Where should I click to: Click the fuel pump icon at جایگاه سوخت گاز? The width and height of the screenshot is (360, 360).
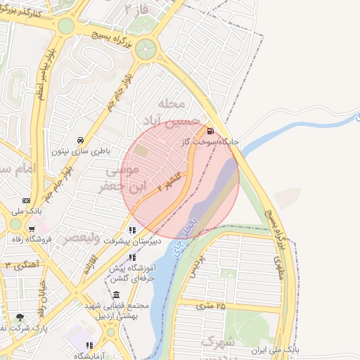click(211, 131)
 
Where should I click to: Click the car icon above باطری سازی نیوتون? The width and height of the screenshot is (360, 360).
click(81, 139)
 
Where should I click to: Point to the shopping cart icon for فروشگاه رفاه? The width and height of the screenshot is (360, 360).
click(32, 229)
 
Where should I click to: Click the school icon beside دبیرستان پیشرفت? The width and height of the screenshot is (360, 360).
click(131, 230)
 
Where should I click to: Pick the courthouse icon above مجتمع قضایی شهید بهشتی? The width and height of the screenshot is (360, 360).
click(116, 294)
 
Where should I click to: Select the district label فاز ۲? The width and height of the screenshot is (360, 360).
click(137, 10)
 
